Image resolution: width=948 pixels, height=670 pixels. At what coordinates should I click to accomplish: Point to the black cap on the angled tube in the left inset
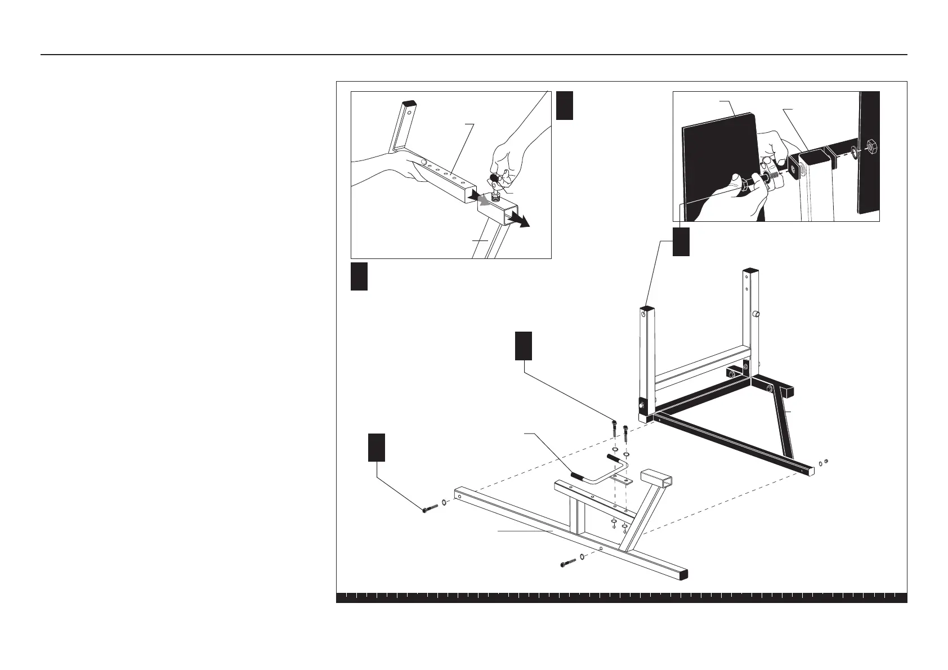click(x=409, y=103)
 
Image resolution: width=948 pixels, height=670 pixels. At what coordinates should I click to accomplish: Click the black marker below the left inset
click(x=359, y=276)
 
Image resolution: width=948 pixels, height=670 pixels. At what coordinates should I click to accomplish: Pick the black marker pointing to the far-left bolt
click(x=377, y=448)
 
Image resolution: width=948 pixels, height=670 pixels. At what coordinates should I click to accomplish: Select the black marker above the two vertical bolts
click(x=524, y=345)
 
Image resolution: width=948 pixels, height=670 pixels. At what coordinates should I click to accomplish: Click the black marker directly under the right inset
click(x=681, y=241)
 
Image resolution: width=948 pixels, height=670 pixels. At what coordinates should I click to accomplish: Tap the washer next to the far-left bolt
click(x=445, y=502)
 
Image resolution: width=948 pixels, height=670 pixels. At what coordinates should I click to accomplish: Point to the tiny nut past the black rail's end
click(x=826, y=462)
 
